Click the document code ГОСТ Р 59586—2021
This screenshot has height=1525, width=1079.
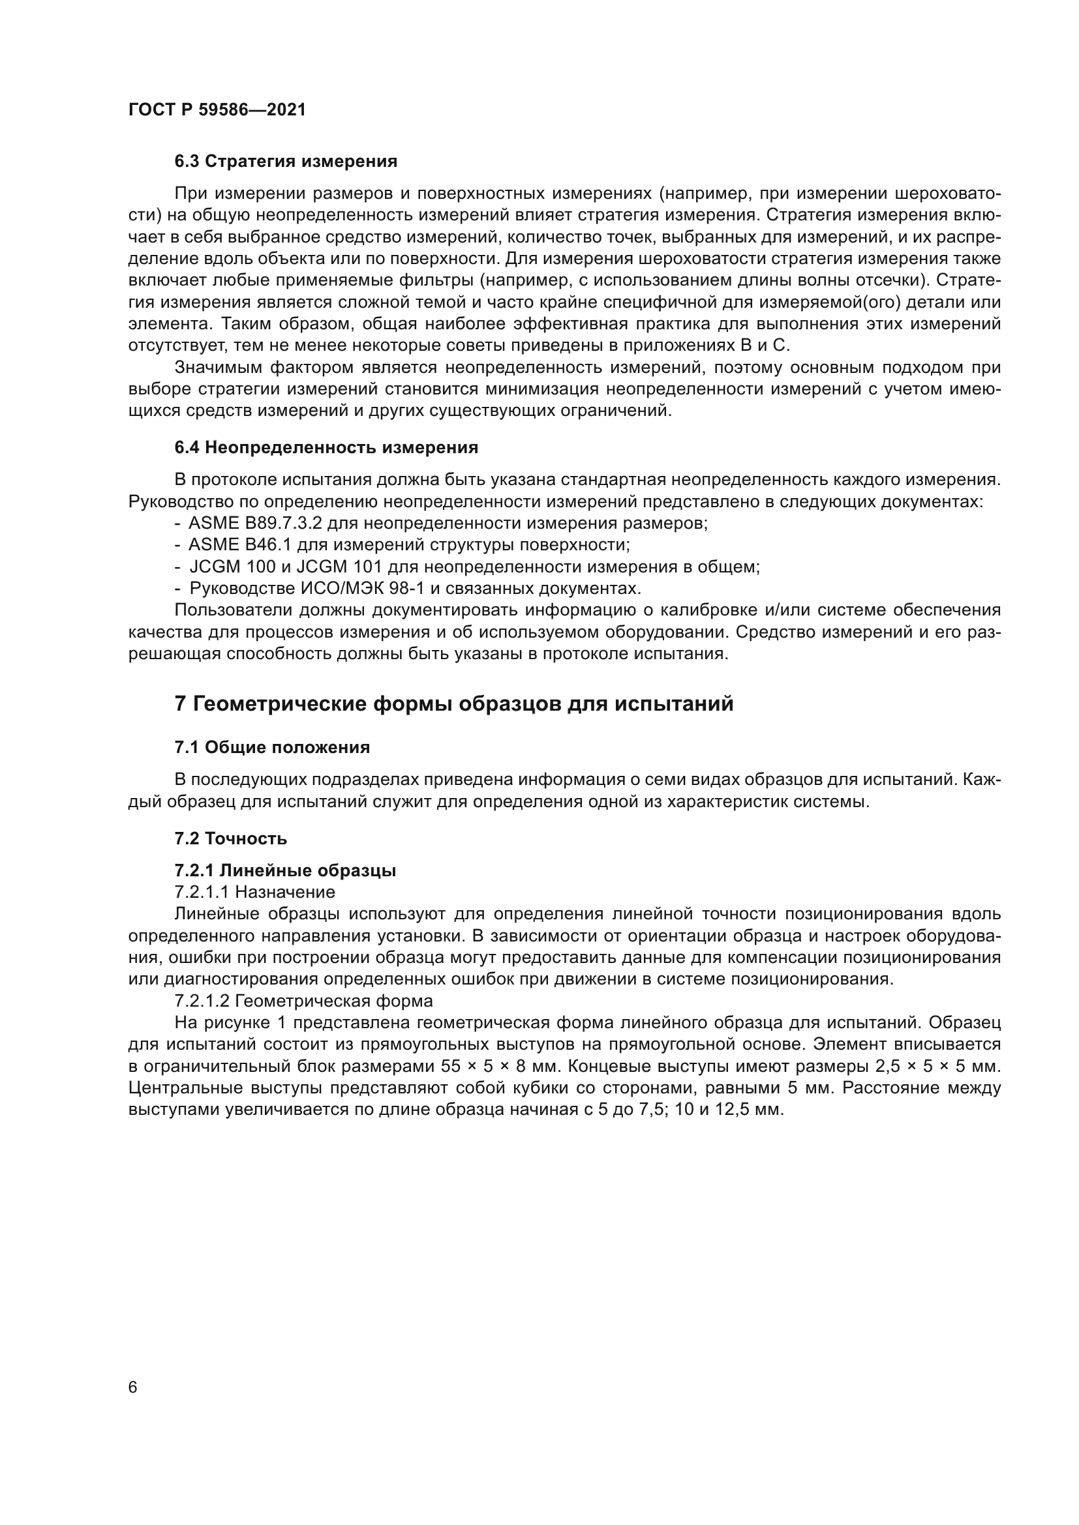pos(217,110)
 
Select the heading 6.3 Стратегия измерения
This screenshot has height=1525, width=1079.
pos(286,162)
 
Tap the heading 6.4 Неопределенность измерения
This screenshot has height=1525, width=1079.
pos(326,448)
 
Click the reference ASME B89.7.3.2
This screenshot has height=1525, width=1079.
pos(255,524)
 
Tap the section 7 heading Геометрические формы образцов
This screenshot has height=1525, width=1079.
pos(454,703)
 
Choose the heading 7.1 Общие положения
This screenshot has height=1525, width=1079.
pos(272,747)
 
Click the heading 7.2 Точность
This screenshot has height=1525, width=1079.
pos(230,838)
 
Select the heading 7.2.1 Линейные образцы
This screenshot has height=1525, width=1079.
pos(285,870)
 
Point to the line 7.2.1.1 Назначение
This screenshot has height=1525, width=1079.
pos(254,891)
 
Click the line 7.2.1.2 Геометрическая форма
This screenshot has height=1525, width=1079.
pos(303,1000)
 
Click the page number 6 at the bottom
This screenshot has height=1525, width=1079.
pos(133,1388)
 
